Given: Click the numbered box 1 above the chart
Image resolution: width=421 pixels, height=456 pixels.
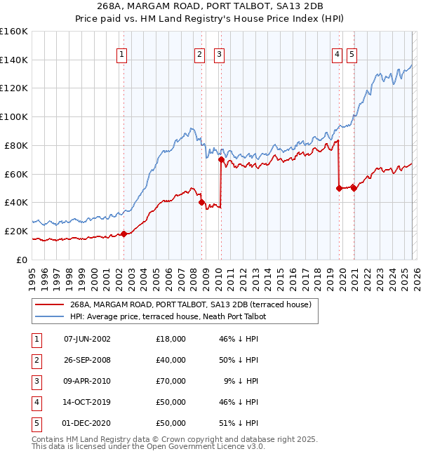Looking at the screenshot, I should pyautogui.click(x=122, y=54).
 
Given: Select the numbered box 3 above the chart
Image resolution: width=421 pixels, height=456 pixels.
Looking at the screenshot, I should pyautogui.click(x=219, y=54).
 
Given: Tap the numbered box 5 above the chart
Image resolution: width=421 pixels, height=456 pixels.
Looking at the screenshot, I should pyautogui.click(x=352, y=54).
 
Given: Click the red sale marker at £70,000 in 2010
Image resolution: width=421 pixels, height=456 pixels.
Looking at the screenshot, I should pyautogui.click(x=221, y=159).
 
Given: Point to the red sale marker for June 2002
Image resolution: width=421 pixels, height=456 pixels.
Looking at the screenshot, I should pyautogui.click(x=123, y=234).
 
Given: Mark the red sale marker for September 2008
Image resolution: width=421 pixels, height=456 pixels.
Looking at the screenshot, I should pyautogui.click(x=202, y=202).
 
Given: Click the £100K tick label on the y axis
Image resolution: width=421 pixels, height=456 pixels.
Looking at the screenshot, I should pyautogui.click(x=14, y=116).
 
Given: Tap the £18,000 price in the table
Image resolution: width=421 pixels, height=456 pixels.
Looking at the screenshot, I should pyautogui.click(x=171, y=339).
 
